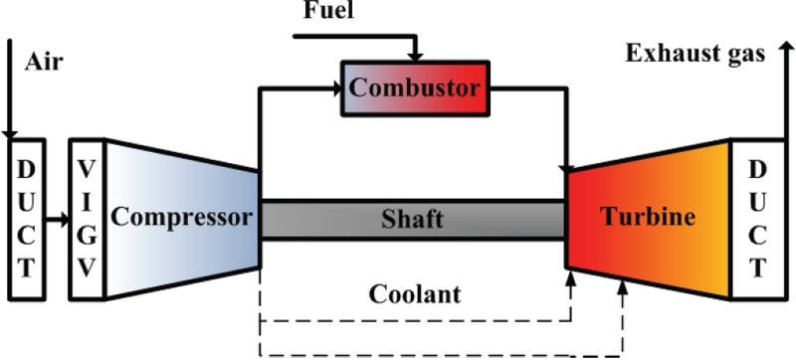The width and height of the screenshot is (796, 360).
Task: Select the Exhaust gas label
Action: (695, 54)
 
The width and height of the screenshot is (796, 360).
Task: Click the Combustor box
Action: (416, 88)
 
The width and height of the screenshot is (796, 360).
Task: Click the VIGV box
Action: (87, 219)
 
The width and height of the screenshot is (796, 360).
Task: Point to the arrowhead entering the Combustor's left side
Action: (335, 88)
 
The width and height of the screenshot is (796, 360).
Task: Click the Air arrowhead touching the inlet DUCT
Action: (10, 135)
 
